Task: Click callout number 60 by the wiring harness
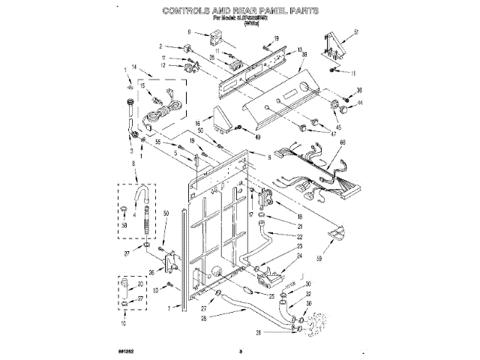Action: [x=343, y=142]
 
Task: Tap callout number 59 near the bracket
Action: [x=340, y=259]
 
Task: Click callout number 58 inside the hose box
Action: [x=124, y=225]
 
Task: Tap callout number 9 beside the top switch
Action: [x=190, y=32]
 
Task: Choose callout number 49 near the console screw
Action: [x=258, y=137]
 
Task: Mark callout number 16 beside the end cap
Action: [x=198, y=123]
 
